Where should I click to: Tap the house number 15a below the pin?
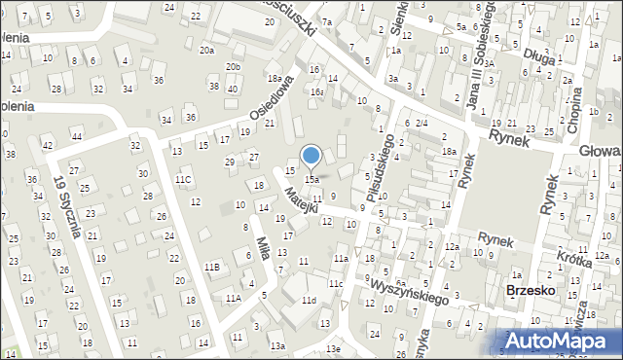click(311, 180)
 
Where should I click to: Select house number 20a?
click(207, 50)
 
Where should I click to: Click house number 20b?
click(233, 66)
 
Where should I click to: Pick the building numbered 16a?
click(317, 91)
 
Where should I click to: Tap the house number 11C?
click(183, 179)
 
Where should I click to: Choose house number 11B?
click(213, 267)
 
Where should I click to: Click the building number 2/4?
click(421, 123)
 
